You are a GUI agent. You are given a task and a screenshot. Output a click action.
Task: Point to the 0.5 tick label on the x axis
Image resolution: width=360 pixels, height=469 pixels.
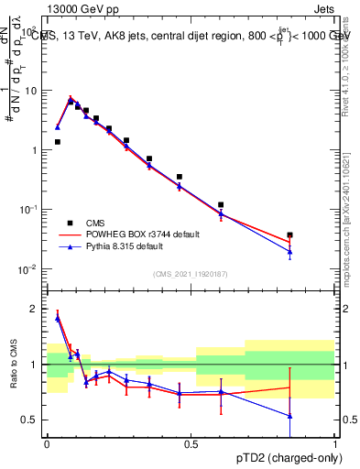click(191, 444)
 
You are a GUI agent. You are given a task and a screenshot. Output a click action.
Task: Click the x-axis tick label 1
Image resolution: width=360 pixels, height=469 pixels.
click(334, 444)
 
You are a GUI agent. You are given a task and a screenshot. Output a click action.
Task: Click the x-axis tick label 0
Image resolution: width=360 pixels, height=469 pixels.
click(47, 444)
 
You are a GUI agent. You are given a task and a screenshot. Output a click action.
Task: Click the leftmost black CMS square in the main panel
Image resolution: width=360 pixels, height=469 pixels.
click(58, 142)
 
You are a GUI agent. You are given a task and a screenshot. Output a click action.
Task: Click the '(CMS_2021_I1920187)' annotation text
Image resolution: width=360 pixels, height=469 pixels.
click(190, 274)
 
